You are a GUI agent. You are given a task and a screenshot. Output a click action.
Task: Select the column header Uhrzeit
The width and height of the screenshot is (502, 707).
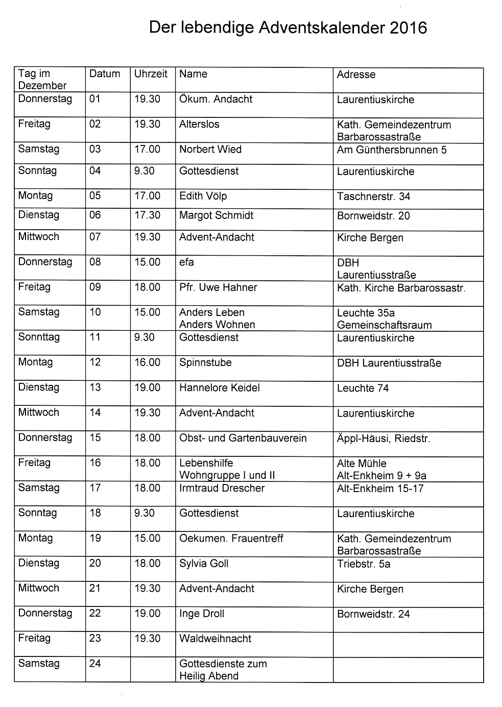pos(151,74)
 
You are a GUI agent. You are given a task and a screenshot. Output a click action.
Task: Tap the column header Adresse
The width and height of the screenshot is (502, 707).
pos(356,75)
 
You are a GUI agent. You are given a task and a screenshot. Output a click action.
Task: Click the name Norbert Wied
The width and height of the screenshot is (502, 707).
pos(210,150)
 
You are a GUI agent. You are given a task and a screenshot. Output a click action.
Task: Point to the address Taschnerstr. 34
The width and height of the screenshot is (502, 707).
pos(373,197)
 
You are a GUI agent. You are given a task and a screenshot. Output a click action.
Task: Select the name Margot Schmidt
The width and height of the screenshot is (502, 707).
pos(216,215)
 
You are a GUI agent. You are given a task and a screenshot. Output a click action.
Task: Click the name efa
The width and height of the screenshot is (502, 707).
pos(186,262)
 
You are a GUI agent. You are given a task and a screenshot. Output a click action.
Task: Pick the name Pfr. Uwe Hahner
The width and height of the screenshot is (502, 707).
pos(218,287)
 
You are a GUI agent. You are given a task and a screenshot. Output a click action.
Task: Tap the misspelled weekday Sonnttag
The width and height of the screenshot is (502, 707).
pos(39,337)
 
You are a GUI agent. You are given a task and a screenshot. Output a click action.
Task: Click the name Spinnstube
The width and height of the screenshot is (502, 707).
pos(205,362)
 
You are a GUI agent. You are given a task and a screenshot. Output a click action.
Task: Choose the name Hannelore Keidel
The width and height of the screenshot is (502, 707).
pos(219,387)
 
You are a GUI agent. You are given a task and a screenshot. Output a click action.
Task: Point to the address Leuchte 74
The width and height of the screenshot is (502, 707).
pos(363,388)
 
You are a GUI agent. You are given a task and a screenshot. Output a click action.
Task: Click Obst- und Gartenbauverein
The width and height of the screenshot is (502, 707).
pos(243,438)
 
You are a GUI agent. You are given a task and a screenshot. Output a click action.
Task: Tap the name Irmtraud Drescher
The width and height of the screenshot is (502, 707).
pos(222,488)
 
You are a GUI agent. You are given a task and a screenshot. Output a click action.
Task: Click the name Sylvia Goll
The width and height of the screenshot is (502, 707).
pos(204,564)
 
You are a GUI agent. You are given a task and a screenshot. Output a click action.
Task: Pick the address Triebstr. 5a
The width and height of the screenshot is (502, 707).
pos(364,564)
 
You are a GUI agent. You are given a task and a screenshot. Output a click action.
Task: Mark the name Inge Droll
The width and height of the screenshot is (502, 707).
pos(202,614)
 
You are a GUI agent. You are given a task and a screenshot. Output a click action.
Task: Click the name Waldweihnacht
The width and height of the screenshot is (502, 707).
pos(215,639)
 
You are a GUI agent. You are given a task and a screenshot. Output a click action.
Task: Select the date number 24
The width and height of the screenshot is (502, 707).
pos(95,664)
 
